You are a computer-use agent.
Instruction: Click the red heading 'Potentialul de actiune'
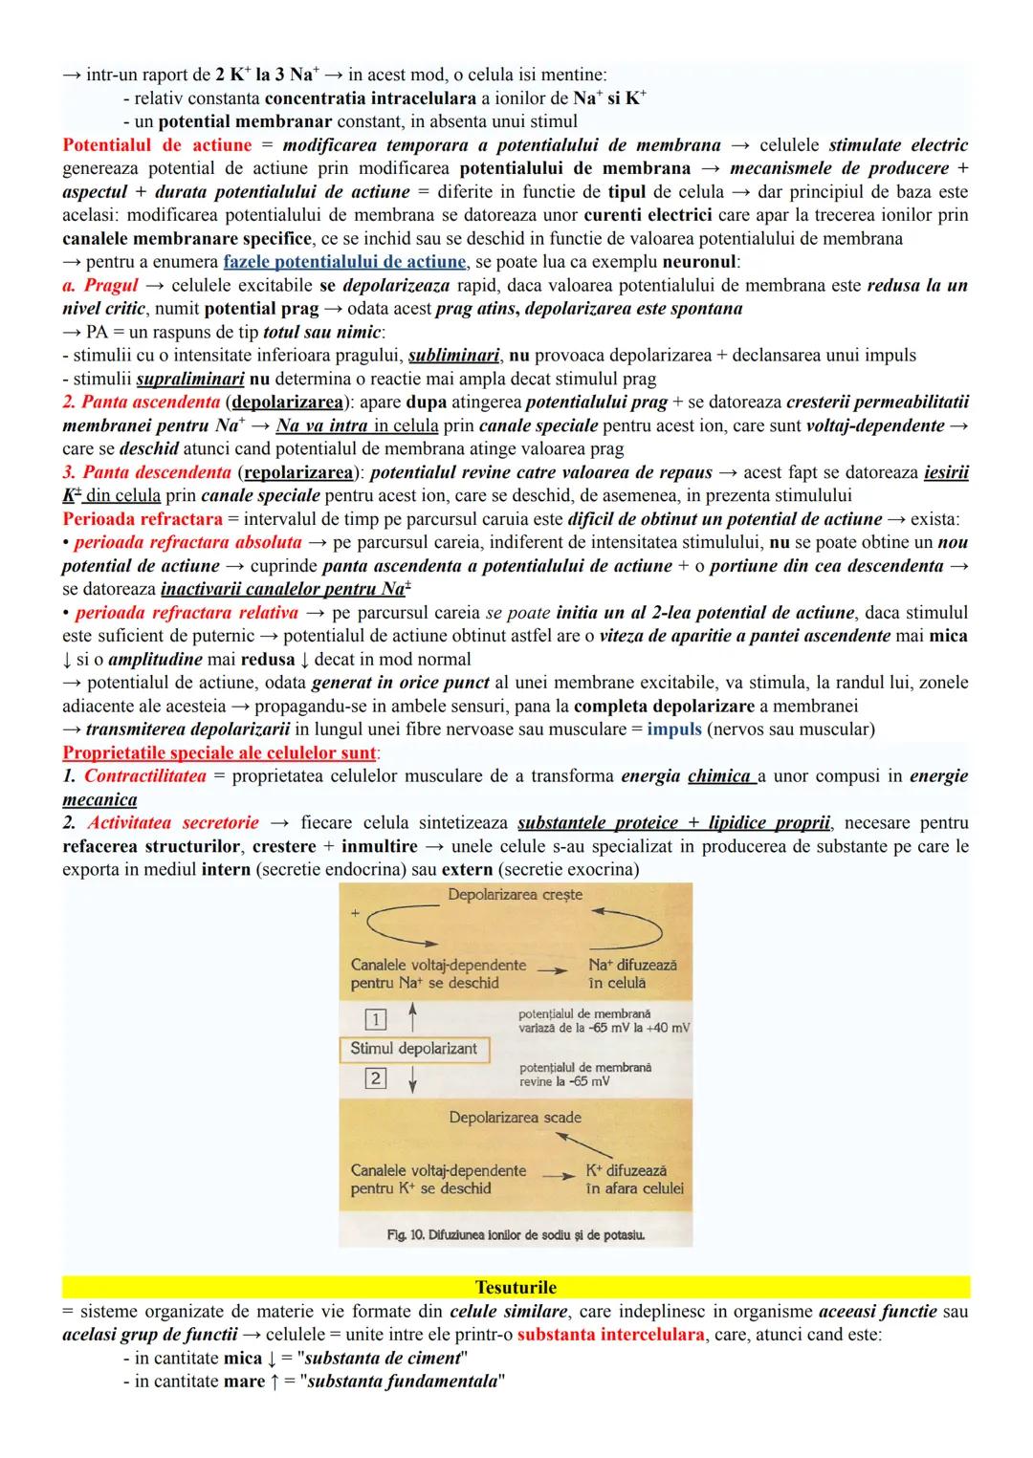pos(157,145)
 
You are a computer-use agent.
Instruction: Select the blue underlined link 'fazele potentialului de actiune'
pos(344,262)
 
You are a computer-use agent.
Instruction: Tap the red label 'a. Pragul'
pos(99,286)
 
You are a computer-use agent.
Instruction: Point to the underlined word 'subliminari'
pos(454,356)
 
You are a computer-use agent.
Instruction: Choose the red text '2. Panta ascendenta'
pos(141,403)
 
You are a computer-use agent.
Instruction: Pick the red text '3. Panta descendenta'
pos(146,472)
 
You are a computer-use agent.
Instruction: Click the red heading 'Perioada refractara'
pos(143,519)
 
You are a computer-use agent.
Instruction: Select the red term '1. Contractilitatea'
pos(134,776)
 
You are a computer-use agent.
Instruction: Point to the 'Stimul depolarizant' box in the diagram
pos(413,1049)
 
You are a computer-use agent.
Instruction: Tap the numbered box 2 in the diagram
pos(376,1078)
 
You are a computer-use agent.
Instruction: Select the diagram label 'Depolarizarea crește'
pos(515,895)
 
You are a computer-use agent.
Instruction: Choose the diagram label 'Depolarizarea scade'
pos(515,1117)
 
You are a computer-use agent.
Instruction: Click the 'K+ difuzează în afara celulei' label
pos(634,1180)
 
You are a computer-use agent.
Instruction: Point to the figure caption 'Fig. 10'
pos(515,1235)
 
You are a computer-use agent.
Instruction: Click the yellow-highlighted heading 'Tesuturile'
pos(516,1287)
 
